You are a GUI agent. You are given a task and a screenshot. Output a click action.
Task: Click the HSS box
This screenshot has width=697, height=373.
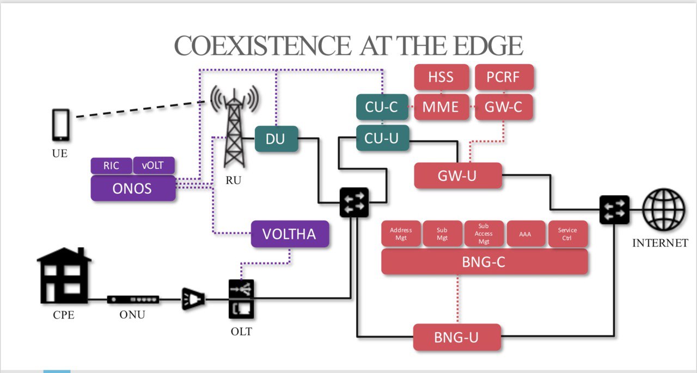[x=441, y=77]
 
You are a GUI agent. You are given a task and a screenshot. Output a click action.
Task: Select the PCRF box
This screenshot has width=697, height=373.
[x=504, y=77]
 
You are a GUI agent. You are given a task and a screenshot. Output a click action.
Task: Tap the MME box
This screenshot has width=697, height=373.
[x=441, y=107]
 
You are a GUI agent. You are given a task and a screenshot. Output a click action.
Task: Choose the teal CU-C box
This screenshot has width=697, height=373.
[x=382, y=107]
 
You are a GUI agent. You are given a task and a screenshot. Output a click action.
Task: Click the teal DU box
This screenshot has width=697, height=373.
[x=276, y=139]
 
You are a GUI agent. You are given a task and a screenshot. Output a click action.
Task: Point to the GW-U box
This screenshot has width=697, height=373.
[x=458, y=175]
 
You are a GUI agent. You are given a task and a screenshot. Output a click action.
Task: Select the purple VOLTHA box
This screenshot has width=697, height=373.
[x=290, y=234]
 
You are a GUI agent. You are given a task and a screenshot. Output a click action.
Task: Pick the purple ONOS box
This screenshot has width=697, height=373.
[x=133, y=188]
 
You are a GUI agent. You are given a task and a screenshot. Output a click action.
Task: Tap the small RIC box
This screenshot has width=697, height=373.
[x=111, y=166]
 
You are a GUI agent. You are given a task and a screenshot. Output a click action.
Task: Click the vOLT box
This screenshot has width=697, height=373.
[x=154, y=166]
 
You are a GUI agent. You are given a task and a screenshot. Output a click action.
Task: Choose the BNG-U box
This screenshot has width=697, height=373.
[x=457, y=337]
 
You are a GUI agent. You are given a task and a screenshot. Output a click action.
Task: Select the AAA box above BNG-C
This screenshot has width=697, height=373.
[x=526, y=234]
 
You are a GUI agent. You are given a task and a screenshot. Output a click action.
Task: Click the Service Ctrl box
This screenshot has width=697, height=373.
[x=568, y=234]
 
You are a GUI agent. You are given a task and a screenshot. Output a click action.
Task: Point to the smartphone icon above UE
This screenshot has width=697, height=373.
[x=60, y=125]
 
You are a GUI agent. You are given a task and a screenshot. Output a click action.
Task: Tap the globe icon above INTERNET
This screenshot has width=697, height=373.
[x=664, y=209]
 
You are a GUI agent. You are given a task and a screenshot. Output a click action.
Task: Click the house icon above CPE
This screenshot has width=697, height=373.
[x=64, y=276]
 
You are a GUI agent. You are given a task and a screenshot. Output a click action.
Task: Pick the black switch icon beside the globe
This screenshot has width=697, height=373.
[x=614, y=209]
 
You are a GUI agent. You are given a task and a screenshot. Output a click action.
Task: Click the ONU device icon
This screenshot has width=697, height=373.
[x=133, y=299]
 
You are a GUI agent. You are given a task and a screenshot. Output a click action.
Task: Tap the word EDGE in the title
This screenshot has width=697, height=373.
[x=488, y=46]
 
